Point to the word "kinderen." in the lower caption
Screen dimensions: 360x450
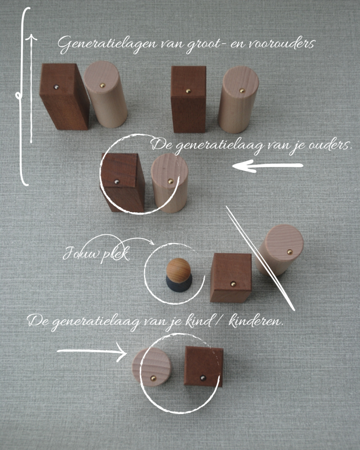tap(256, 320)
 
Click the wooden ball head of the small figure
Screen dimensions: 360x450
tap(179, 268)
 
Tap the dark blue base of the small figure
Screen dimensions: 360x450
tap(179, 284)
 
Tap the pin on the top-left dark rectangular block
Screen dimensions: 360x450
tap(57, 86)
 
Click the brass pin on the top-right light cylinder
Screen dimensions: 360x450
tap(242, 91)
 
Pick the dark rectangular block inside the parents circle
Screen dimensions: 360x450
tap(122, 182)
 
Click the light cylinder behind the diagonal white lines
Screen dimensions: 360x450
tap(280, 249)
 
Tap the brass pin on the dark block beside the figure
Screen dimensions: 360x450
tap(233, 284)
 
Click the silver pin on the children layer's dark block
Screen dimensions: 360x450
tap(203, 378)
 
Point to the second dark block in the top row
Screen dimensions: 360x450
tap(189, 99)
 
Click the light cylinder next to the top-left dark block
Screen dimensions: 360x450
tap(105, 94)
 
